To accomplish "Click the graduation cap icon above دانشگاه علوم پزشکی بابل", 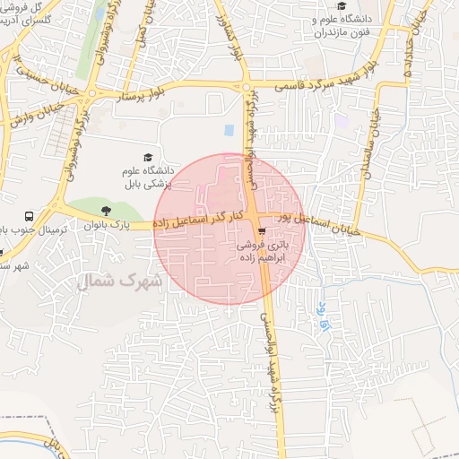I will coord(147,157).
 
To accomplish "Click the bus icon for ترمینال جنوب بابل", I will coord(30,216).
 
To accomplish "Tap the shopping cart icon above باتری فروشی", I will coord(261,229).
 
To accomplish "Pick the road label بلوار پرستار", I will coord(138,95).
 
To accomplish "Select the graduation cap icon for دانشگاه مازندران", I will coord(342,6).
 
